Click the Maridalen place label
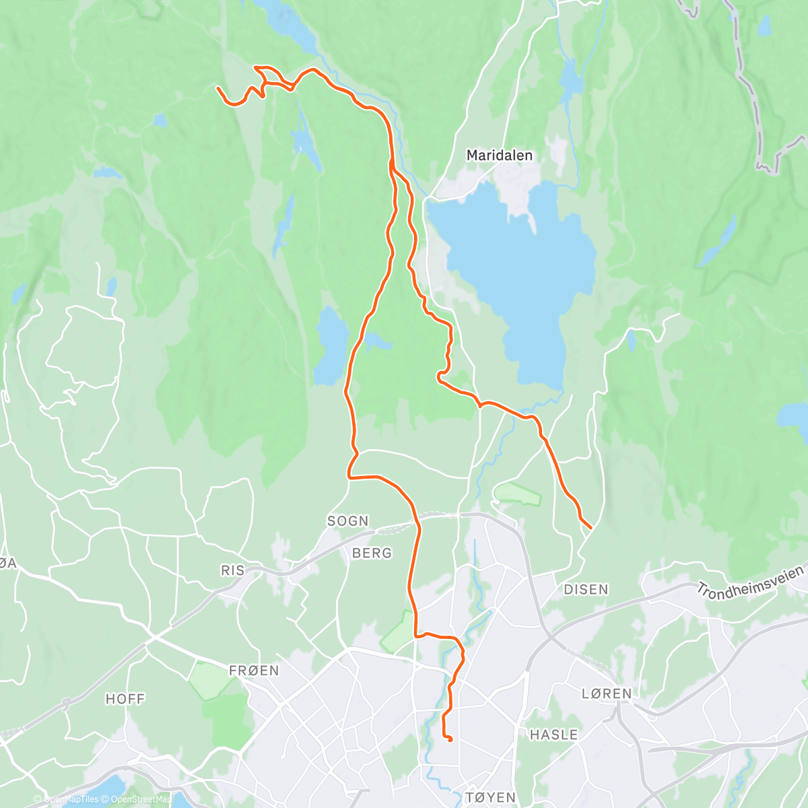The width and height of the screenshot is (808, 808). tap(500, 156)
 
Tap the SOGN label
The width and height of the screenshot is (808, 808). tap(348, 520)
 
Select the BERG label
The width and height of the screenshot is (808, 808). tap(372, 553)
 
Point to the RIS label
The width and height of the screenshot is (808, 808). tap(233, 570)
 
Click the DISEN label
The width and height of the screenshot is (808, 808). tap(586, 589)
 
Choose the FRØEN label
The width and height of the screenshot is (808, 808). tap(254, 671)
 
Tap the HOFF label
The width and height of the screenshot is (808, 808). tap(125, 699)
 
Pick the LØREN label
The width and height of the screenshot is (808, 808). tap(607, 694)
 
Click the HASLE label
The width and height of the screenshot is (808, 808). tap(553, 734)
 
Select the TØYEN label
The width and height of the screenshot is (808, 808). tap(490, 797)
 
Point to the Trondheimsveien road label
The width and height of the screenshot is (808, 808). tap(750, 582)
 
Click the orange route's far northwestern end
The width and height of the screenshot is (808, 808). tap(217, 88)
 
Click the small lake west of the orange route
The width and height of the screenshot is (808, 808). tap(331, 347)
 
